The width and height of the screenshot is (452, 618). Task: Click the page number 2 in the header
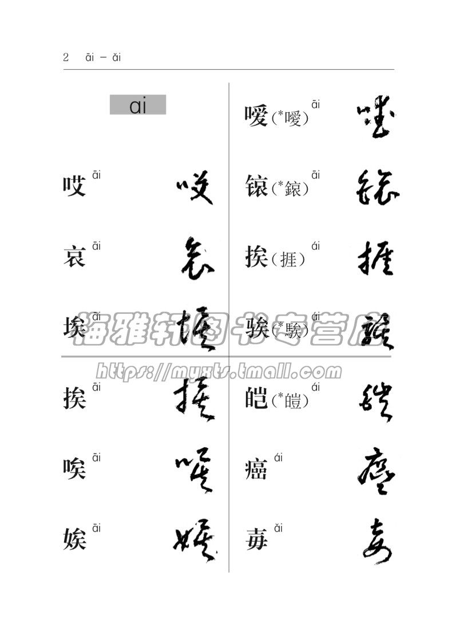pos(66,57)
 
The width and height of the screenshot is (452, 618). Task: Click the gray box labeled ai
pos(138,105)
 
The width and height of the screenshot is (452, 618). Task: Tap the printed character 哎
pos(74,186)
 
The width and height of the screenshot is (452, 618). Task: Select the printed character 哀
pos(74,257)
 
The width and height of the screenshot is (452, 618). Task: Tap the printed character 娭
pos(74,540)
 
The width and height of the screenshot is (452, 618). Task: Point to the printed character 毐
pos(256,540)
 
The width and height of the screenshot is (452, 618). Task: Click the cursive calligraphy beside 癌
pos(375,470)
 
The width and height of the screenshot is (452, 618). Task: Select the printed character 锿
pos(256,187)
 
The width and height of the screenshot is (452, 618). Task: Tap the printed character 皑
pos(256,399)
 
